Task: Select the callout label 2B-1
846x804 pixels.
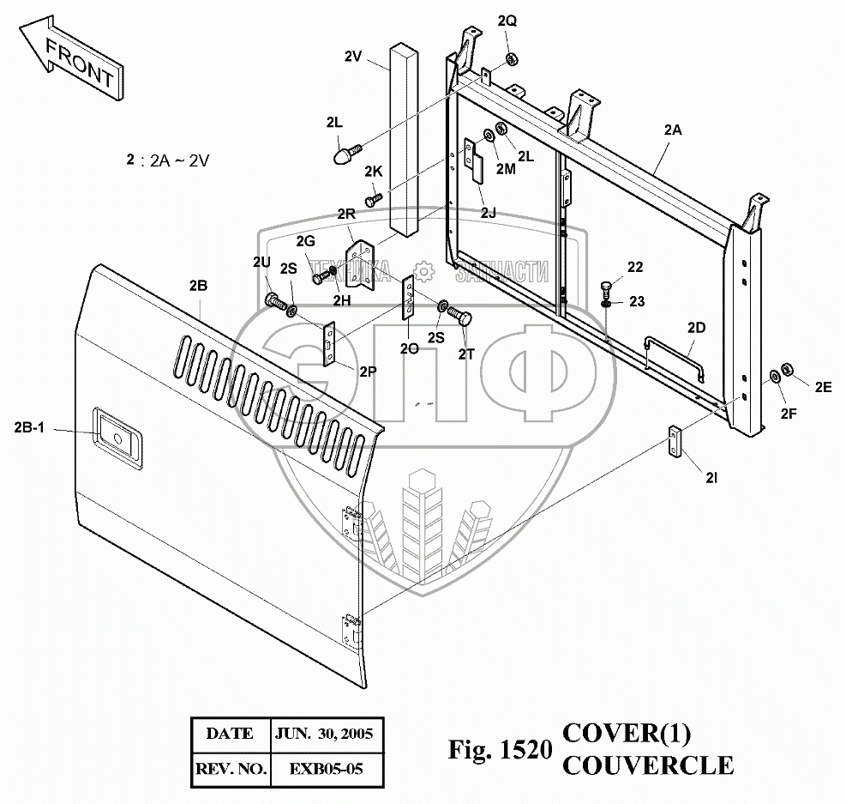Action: (x=29, y=427)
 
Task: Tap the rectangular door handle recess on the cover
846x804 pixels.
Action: (x=117, y=430)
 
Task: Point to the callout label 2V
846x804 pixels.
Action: (x=353, y=57)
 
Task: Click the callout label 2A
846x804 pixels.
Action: (x=672, y=131)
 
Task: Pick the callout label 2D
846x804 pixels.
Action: (x=696, y=328)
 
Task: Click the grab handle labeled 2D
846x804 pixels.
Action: (x=674, y=354)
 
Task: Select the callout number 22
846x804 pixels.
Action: (x=634, y=268)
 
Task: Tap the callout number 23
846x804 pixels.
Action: (x=636, y=301)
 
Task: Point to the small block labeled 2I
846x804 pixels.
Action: (x=676, y=442)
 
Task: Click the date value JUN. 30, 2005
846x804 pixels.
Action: (x=324, y=734)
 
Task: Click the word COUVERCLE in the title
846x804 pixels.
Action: (x=647, y=764)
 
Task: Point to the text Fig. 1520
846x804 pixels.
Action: (x=498, y=751)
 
